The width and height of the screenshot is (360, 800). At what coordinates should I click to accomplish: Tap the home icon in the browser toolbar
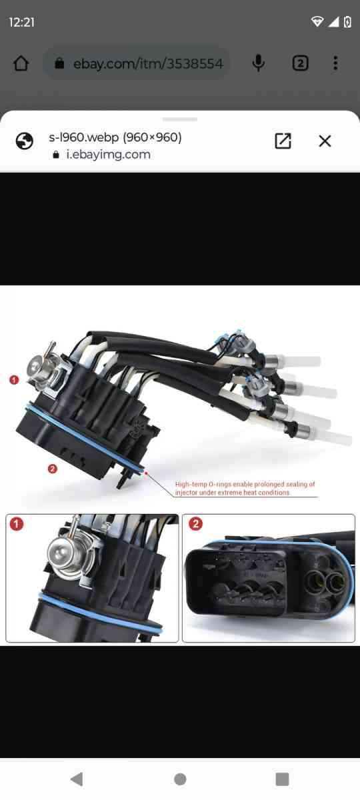[x=21, y=63]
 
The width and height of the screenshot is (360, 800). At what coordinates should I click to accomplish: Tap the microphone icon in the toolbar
[x=259, y=63]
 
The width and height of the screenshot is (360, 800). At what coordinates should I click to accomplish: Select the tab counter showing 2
[x=300, y=63]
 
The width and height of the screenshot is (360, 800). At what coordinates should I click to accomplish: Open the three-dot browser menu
[x=335, y=63]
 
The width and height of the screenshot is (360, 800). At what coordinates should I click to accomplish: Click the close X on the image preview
[x=325, y=141]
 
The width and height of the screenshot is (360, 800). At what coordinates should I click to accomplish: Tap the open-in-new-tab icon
[x=283, y=141]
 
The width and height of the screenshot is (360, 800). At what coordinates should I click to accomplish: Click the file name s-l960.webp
[x=115, y=137]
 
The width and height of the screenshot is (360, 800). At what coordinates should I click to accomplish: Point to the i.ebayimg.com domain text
[x=108, y=155]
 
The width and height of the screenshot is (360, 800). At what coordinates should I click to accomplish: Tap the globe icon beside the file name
[x=25, y=141]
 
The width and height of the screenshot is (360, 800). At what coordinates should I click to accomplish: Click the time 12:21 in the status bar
[x=21, y=22]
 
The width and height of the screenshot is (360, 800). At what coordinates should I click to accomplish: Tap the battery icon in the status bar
[x=347, y=22]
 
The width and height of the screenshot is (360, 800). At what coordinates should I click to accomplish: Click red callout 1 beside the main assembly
[x=14, y=379]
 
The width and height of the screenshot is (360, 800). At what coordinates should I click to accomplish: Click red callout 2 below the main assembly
[x=53, y=469]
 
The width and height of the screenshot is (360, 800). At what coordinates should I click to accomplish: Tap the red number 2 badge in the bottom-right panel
[x=195, y=524]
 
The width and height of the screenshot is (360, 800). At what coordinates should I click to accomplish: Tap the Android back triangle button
[x=77, y=779]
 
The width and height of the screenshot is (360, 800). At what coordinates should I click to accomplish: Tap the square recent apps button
[x=282, y=779]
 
